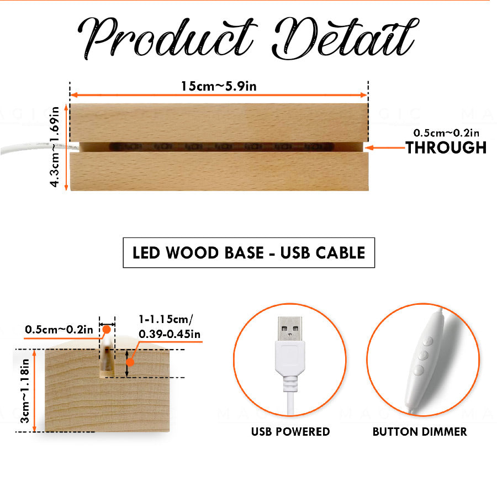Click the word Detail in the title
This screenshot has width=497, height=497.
346,38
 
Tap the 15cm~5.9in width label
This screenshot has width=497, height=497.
219,86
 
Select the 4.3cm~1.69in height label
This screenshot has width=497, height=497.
55,147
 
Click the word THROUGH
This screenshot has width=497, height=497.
446,147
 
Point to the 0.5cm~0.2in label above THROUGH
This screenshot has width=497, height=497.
446,133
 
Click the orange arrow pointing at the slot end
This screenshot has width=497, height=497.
385,147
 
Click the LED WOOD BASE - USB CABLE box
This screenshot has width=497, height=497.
249,252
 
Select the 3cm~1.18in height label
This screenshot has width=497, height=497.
25,391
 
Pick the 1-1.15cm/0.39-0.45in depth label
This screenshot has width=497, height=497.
170,326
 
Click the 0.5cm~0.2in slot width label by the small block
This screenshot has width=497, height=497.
59,330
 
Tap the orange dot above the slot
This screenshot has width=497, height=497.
107,330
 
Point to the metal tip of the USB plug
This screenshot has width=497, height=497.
290,329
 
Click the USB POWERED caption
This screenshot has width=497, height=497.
290,432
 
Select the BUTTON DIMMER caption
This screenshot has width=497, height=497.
420,432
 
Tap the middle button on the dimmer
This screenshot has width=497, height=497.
423,355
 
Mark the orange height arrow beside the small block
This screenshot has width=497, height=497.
35,391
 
